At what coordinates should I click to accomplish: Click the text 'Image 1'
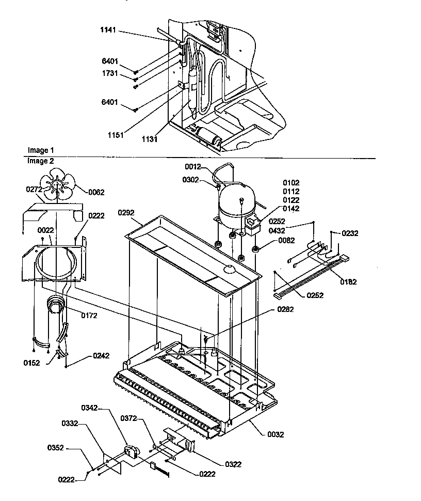pos(40,150)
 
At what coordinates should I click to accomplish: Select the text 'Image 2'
pos(40,161)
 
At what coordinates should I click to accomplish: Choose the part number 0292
pos(126,212)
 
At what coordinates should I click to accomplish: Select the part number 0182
pos(348,282)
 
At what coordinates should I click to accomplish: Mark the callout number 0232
pos(350,233)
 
